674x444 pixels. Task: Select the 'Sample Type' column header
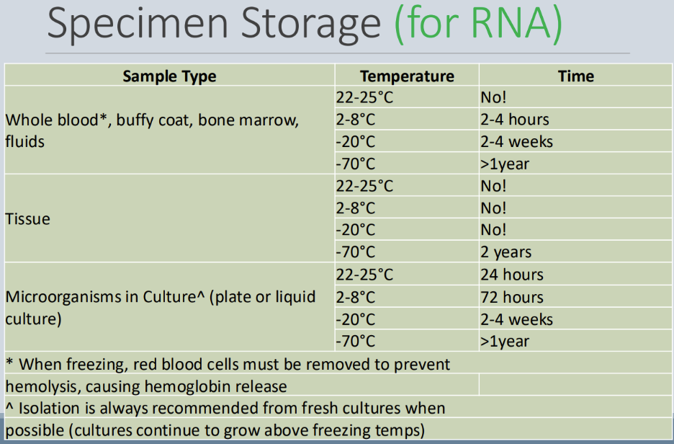[169, 76]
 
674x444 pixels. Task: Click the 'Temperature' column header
[407, 76]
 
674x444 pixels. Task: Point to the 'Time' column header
[575, 76]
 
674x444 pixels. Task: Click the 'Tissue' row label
[28, 219]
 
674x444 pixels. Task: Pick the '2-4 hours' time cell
[514, 120]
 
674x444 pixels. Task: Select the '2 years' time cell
[505, 252]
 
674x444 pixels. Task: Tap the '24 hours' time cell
[511, 275]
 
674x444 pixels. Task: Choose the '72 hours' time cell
[511, 297]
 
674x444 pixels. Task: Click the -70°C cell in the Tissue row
[356, 252]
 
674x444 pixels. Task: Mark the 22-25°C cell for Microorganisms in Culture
[364, 275]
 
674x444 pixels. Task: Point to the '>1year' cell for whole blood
[504, 164]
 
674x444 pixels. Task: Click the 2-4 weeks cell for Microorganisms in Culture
[516, 319]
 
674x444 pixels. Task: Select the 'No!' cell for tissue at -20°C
[493, 230]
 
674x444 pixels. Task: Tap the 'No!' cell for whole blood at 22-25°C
[493, 97]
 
